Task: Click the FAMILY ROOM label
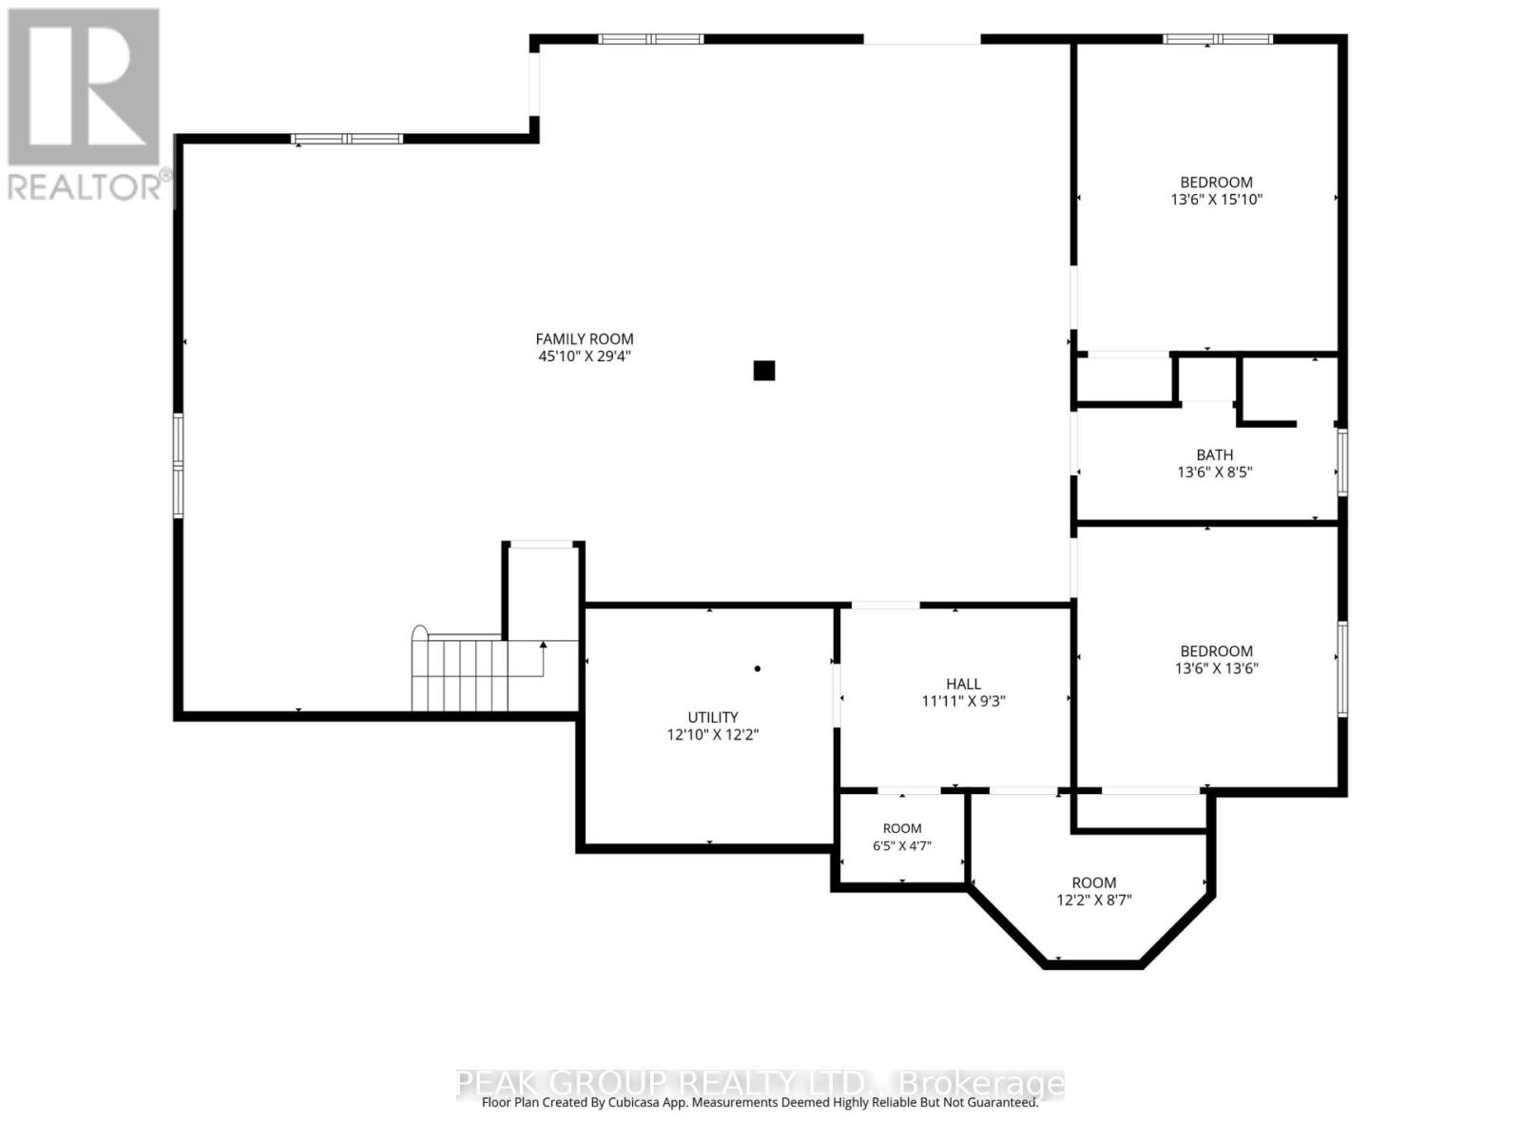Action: (x=584, y=338)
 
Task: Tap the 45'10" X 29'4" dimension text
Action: (x=584, y=356)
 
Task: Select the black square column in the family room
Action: (x=763, y=371)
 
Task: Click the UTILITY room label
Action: (x=712, y=717)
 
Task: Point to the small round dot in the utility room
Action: (x=758, y=668)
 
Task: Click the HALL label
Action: (x=963, y=684)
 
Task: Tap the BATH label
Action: (x=1215, y=454)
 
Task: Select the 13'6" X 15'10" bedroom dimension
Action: (x=1216, y=200)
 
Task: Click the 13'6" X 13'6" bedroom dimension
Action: (x=1216, y=667)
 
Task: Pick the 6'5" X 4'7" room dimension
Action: (x=901, y=845)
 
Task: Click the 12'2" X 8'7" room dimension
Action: (x=1094, y=899)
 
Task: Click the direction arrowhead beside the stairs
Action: (x=543, y=645)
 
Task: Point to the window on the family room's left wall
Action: (x=178, y=465)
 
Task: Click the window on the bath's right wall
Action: (x=1342, y=462)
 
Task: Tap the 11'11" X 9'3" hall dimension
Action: (x=963, y=701)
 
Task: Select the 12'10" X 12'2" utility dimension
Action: (x=712, y=734)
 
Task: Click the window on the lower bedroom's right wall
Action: (x=1342, y=668)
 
